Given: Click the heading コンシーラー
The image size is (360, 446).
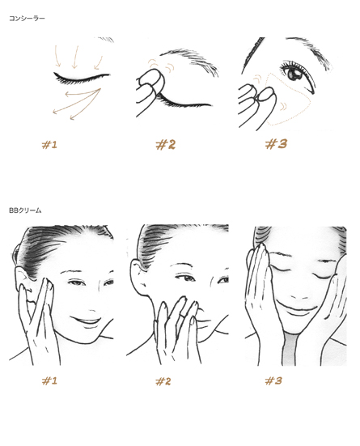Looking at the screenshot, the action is point(27,19).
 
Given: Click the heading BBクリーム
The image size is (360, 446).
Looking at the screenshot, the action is point(25,210).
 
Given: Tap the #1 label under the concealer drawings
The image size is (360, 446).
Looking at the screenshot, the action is point(49,145).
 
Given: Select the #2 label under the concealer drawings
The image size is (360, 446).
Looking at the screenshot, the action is point(166,145).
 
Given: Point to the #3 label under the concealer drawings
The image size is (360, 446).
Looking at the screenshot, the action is point(276,144).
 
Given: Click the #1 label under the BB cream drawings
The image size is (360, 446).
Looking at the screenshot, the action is point(49,380).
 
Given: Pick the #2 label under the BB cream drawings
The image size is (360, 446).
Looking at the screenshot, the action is point(163,381).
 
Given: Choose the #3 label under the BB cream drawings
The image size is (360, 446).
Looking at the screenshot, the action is point(273,380).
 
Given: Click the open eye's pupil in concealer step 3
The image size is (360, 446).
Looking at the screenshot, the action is point(294,74).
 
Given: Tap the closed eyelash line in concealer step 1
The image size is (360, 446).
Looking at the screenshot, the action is point(80,78).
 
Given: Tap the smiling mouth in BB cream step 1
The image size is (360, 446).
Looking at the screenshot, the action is point(85,321).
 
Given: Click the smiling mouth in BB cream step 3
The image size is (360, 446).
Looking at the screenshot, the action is point(296,308).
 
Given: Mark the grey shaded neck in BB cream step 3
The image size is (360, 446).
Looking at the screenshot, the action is point(290,350).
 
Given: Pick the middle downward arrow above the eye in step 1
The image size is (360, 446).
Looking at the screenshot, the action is point(75,57).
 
